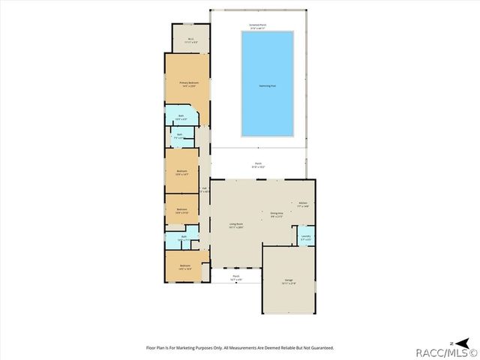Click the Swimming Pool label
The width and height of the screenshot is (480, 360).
[267, 86]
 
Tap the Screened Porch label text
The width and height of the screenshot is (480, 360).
[259, 26]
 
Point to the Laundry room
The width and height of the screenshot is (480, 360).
[306, 238]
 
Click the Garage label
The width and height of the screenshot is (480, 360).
[288, 281]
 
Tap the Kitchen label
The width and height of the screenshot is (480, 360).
[303, 204]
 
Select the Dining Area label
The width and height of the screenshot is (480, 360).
[277, 214]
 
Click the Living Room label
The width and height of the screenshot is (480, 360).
[236, 225]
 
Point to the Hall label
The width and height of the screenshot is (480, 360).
[203, 189]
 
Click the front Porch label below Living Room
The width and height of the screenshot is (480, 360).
[235, 277]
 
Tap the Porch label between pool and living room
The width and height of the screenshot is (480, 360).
[258, 166]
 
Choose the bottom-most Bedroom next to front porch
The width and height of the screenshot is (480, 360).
[184, 266]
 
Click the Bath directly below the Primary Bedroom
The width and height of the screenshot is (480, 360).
[181, 117]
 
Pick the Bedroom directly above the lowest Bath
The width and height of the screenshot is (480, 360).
[181, 211]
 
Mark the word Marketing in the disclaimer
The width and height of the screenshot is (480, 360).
[179, 348]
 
